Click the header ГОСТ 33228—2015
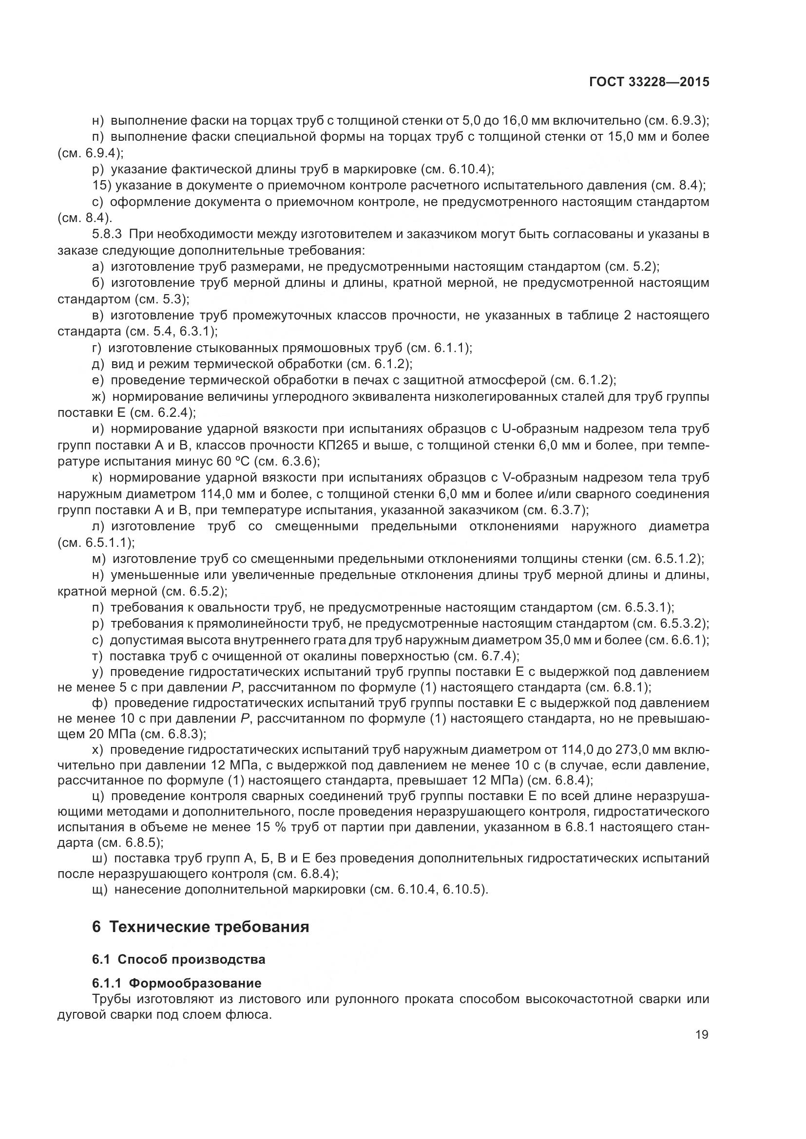tap(649, 82)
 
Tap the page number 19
tap(702, 1034)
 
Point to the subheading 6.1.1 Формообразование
tap(177, 983)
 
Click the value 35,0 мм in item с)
tap(566, 640)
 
